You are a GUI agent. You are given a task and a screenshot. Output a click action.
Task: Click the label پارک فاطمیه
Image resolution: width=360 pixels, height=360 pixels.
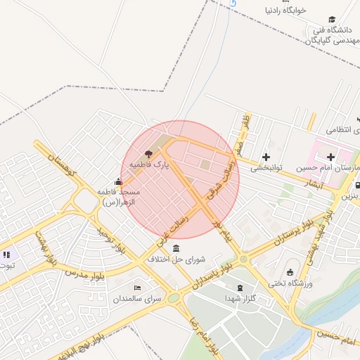(x=149, y=165)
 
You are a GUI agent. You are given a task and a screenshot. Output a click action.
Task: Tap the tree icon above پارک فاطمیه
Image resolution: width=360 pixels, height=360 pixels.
(x=148, y=153)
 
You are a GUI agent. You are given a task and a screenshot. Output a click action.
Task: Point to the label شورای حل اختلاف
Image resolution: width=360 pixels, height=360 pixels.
(x=176, y=259)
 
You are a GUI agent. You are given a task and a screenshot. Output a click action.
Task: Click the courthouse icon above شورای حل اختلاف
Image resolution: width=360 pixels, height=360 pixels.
(x=175, y=248)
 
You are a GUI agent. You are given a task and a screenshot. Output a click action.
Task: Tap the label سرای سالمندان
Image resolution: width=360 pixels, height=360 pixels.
(x=138, y=299)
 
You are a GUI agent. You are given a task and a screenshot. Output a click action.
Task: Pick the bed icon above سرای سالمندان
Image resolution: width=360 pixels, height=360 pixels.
(x=137, y=288)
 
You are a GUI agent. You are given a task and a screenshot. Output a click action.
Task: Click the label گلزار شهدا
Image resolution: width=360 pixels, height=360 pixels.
(x=240, y=299)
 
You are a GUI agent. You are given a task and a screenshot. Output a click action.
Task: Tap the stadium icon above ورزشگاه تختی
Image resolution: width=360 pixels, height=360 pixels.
(x=290, y=272)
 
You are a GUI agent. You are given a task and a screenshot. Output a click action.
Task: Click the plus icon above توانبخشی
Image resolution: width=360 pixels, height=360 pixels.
(x=266, y=157)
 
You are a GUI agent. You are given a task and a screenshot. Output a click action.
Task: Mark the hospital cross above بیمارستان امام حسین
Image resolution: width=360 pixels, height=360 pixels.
(x=330, y=156)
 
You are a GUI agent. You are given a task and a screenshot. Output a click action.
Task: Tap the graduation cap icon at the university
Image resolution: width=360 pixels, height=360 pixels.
(x=332, y=20)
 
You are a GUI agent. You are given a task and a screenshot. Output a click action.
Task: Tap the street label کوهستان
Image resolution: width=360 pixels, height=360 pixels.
(x=63, y=165)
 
